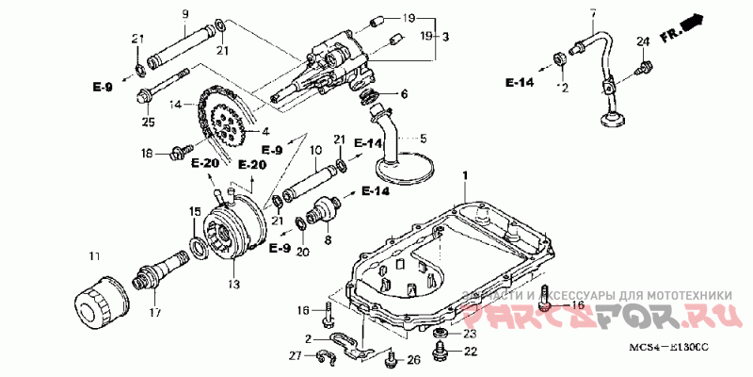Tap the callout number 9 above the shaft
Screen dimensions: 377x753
185,13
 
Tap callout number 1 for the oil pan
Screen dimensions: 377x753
464,176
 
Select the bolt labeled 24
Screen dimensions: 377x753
645,66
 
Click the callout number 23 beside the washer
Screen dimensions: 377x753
470,333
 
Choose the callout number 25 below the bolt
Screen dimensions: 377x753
148,122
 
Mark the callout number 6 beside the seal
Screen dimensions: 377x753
404,94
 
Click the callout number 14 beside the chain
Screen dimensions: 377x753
174,107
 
